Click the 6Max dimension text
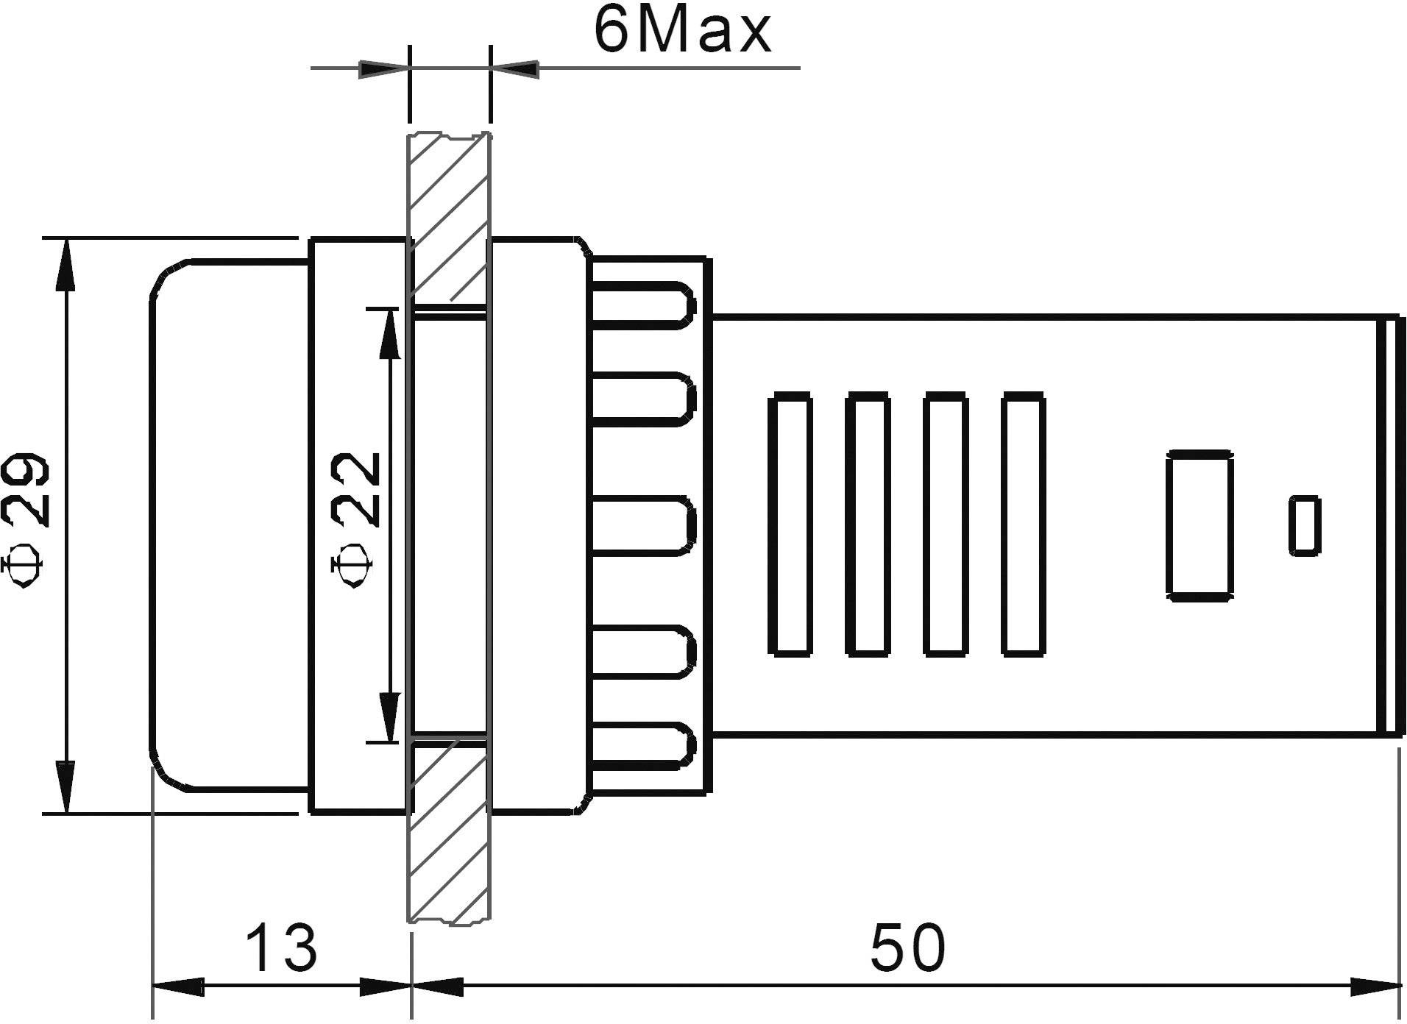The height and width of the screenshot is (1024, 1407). (682, 31)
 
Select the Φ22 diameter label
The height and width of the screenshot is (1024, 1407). (356, 519)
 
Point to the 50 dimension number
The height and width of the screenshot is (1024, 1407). (907, 948)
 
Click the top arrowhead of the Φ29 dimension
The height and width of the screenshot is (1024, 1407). (66, 265)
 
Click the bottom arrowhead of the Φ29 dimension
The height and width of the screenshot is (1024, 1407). (66, 787)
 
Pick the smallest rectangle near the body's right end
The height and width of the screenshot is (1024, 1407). (1304, 525)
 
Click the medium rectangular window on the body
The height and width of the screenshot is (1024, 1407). (1199, 526)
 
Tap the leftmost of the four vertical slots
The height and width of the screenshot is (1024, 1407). (790, 524)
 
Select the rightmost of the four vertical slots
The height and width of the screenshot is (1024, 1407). (1023, 524)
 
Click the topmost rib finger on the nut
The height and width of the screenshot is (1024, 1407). (644, 304)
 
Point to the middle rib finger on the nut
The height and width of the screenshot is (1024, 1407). (644, 525)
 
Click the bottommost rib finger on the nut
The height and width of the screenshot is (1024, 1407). (644, 745)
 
